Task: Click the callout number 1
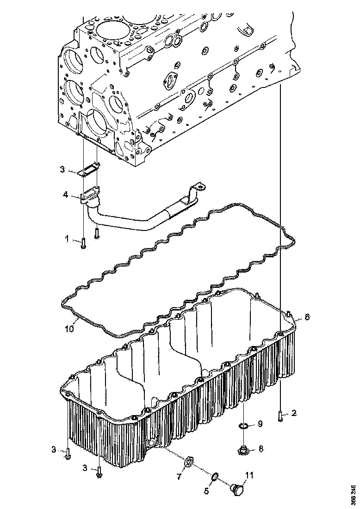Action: pyautogui.click(x=67, y=239)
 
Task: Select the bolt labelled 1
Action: pyautogui.click(x=83, y=242)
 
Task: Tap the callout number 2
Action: pyautogui.click(x=294, y=413)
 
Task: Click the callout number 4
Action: pyautogui.click(x=67, y=196)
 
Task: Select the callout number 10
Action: pyautogui.click(x=69, y=329)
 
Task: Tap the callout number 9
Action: pyautogui.click(x=260, y=423)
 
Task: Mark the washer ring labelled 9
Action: pyautogui.click(x=243, y=426)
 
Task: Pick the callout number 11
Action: pyautogui.click(x=249, y=475)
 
